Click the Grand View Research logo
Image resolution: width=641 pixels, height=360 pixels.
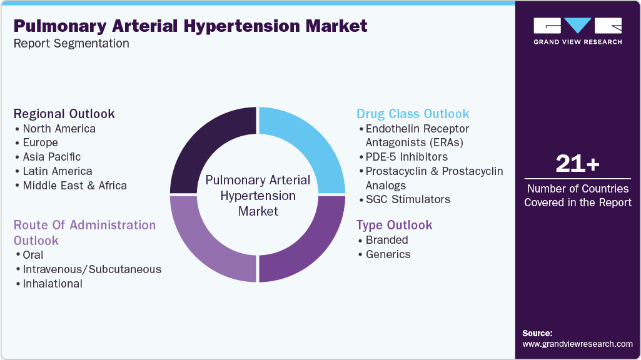(577, 31)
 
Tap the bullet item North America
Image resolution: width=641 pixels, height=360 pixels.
(59, 129)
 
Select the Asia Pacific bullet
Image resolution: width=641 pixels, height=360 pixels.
(51, 157)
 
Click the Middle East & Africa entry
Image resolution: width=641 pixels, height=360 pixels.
(74, 186)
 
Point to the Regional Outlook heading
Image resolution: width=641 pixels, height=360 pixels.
(64, 114)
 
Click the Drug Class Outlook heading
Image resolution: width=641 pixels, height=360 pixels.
(413, 114)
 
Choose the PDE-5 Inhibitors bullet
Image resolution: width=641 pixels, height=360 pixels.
(406, 157)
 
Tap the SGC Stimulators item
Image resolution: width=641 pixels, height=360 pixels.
(408, 200)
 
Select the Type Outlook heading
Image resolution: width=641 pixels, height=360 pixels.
(394, 225)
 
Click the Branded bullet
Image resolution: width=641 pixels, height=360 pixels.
(386, 240)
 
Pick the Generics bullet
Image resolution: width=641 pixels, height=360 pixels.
(388, 254)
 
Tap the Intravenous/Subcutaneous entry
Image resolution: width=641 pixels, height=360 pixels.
(92, 269)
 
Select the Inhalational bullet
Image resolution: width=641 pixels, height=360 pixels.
(53, 284)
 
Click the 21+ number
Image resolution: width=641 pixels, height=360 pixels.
(577, 164)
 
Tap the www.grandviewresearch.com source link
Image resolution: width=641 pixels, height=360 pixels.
(577, 344)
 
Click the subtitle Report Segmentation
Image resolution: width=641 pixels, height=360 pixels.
(71, 44)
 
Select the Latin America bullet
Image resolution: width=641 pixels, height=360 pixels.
(57, 171)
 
